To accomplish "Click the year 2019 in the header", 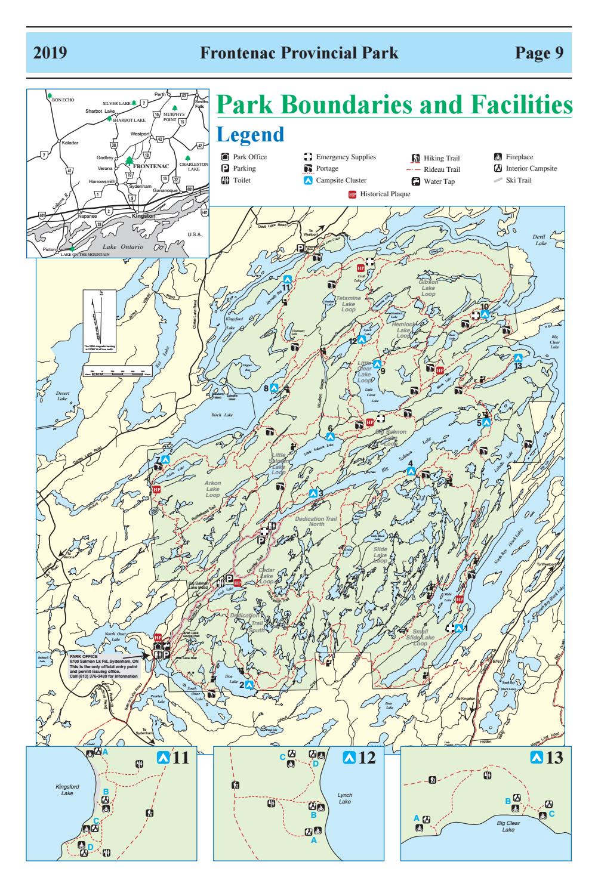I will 50,53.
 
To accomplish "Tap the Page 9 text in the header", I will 540,53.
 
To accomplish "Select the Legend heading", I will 251,135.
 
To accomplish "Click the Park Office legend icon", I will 224,157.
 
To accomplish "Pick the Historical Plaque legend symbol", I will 352,194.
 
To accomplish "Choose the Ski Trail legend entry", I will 498,180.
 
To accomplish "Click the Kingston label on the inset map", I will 143,215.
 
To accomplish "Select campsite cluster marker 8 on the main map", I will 275,388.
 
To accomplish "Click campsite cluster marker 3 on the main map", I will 313,493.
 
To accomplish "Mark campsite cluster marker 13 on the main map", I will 519,358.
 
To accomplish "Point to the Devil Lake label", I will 541,240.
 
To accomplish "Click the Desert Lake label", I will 63,395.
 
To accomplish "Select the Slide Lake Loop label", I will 380,555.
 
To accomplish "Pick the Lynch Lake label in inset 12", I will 345,798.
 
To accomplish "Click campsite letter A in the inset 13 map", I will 417,817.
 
